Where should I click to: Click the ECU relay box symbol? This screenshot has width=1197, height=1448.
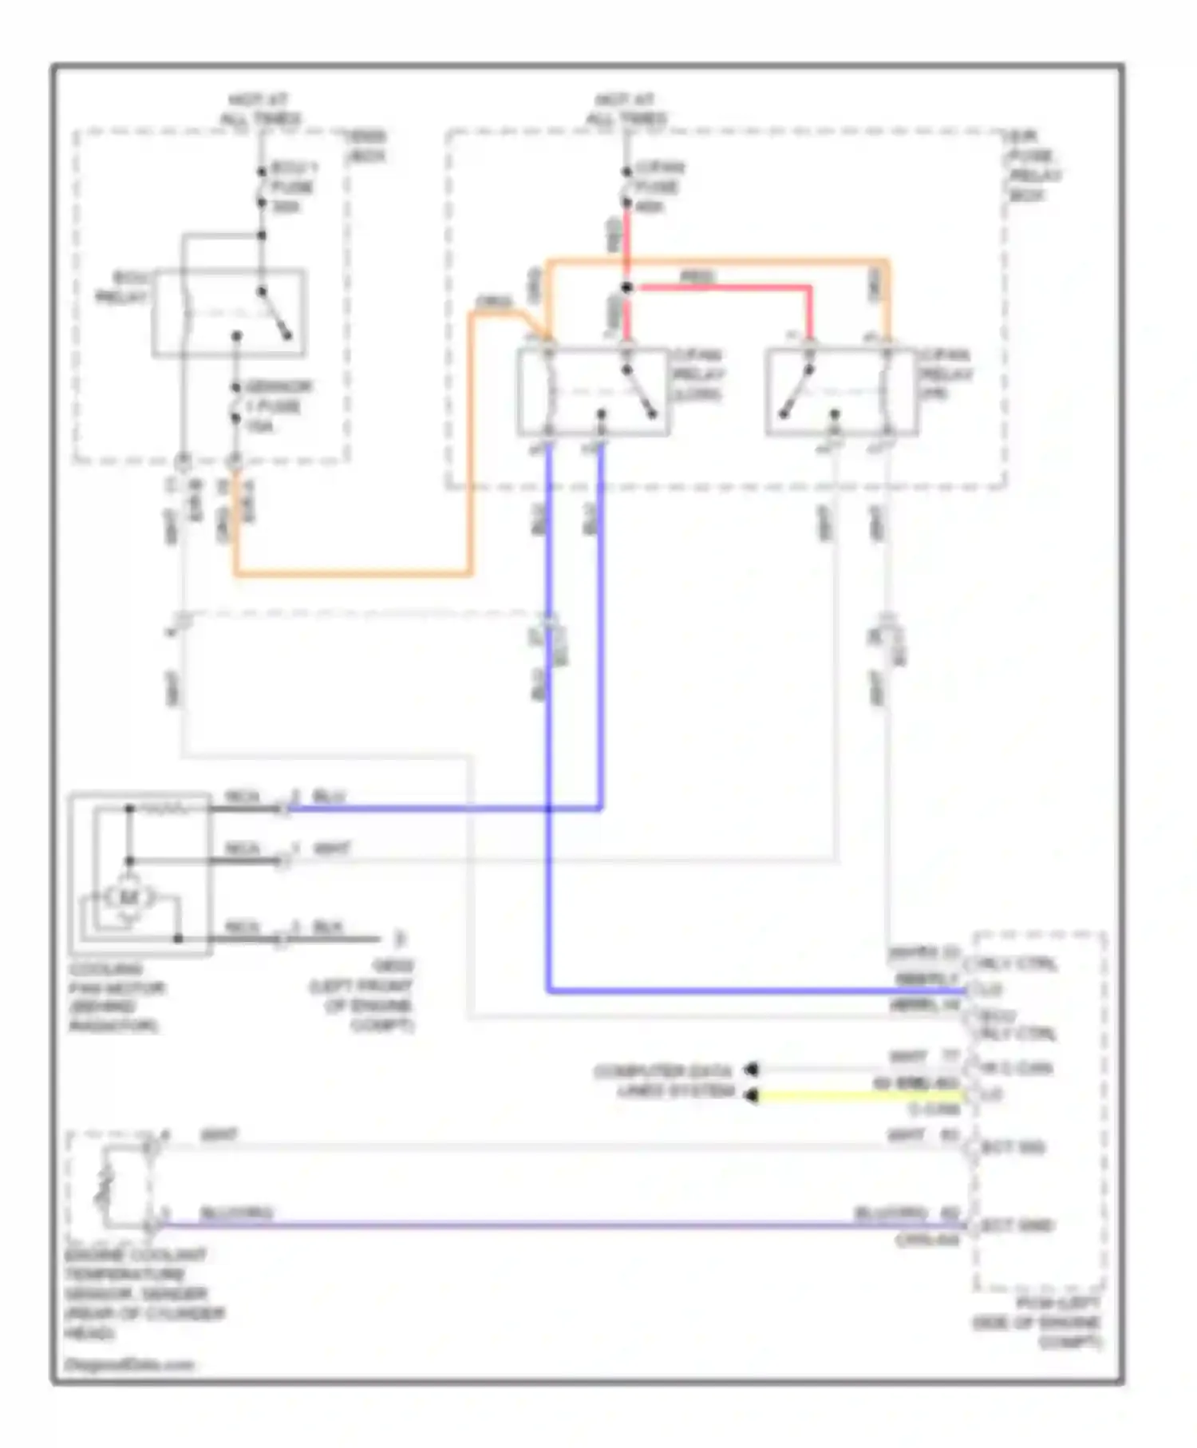tap(229, 312)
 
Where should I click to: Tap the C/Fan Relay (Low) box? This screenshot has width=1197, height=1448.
tap(593, 392)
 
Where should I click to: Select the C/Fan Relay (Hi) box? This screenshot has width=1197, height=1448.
tap(841, 392)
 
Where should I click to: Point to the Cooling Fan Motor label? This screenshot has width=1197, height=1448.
tap(115, 997)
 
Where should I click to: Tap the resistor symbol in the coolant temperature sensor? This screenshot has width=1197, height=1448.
tap(103, 1186)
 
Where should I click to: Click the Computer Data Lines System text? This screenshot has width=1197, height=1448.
tap(664, 1081)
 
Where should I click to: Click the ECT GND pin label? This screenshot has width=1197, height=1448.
tap(1016, 1225)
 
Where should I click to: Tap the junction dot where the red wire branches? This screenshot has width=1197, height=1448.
tap(626, 287)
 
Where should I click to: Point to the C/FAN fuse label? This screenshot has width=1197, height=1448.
tap(658, 187)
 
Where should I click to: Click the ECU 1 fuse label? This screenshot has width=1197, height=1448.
tap(293, 187)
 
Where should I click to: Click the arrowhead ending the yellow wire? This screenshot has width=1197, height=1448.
tap(750, 1097)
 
